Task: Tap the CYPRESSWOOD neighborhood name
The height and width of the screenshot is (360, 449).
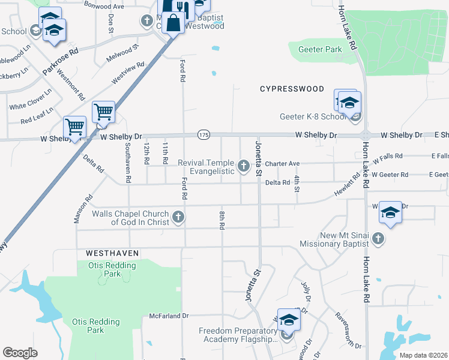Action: (x=292, y=89)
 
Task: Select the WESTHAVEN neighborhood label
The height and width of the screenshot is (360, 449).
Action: (x=108, y=254)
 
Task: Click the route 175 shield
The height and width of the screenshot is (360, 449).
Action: (x=204, y=135)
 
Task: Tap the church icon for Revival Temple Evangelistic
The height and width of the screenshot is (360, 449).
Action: (x=244, y=166)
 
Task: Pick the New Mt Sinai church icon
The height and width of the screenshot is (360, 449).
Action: (x=378, y=239)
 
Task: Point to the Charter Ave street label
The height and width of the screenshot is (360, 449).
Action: (x=282, y=163)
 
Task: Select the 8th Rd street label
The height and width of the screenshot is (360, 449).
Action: (x=222, y=220)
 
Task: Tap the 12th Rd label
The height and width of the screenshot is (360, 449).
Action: (x=146, y=153)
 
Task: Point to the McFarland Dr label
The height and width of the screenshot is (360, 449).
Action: (x=169, y=316)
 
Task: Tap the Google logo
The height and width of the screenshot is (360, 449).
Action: (x=20, y=353)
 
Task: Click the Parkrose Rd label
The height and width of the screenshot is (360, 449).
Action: (x=61, y=61)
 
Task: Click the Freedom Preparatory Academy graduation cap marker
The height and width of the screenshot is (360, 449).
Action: (x=289, y=320)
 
